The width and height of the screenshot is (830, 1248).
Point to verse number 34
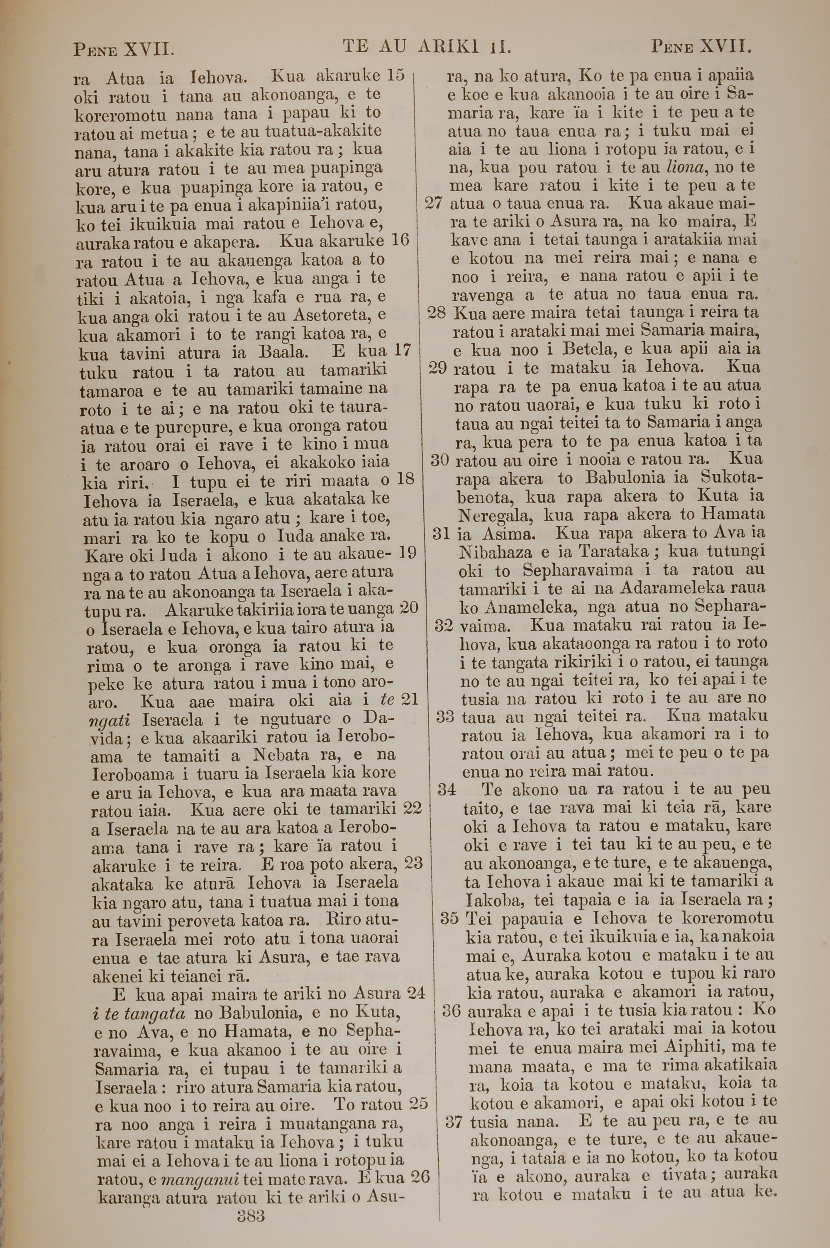click(x=447, y=790)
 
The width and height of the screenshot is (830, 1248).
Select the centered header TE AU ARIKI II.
click(x=427, y=48)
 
